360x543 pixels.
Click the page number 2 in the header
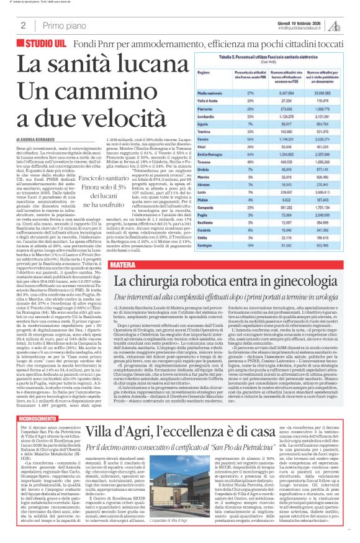tap(22, 25)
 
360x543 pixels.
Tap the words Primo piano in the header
tap(63, 25)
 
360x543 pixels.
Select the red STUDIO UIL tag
tap(48, 45)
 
